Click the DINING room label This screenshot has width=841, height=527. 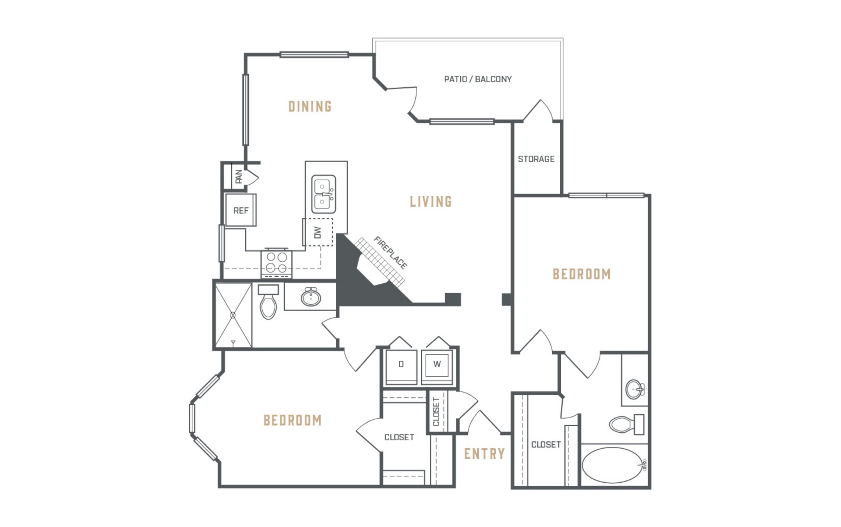[309, 106]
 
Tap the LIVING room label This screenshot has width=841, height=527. [431, 202]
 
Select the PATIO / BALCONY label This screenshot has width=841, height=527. [478, 79]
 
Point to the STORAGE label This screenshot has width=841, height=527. [536, 159]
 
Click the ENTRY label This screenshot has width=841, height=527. [484, 453]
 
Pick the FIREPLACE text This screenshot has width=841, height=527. [390, 253]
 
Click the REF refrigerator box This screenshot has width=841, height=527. [240, 210]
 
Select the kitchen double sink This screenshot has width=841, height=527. [324, 194]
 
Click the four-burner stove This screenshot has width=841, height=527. [277, 263]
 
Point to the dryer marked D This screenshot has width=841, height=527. [401, 367]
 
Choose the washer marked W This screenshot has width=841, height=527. [437, 367]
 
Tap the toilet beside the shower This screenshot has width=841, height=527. [268, 302]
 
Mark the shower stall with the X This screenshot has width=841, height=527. [233, 316]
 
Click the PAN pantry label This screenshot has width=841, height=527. [239, 176]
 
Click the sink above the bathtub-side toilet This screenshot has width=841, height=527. [635, 389]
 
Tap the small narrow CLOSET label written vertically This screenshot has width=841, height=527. [436, 412]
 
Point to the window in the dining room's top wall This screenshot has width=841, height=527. [314, 55]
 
